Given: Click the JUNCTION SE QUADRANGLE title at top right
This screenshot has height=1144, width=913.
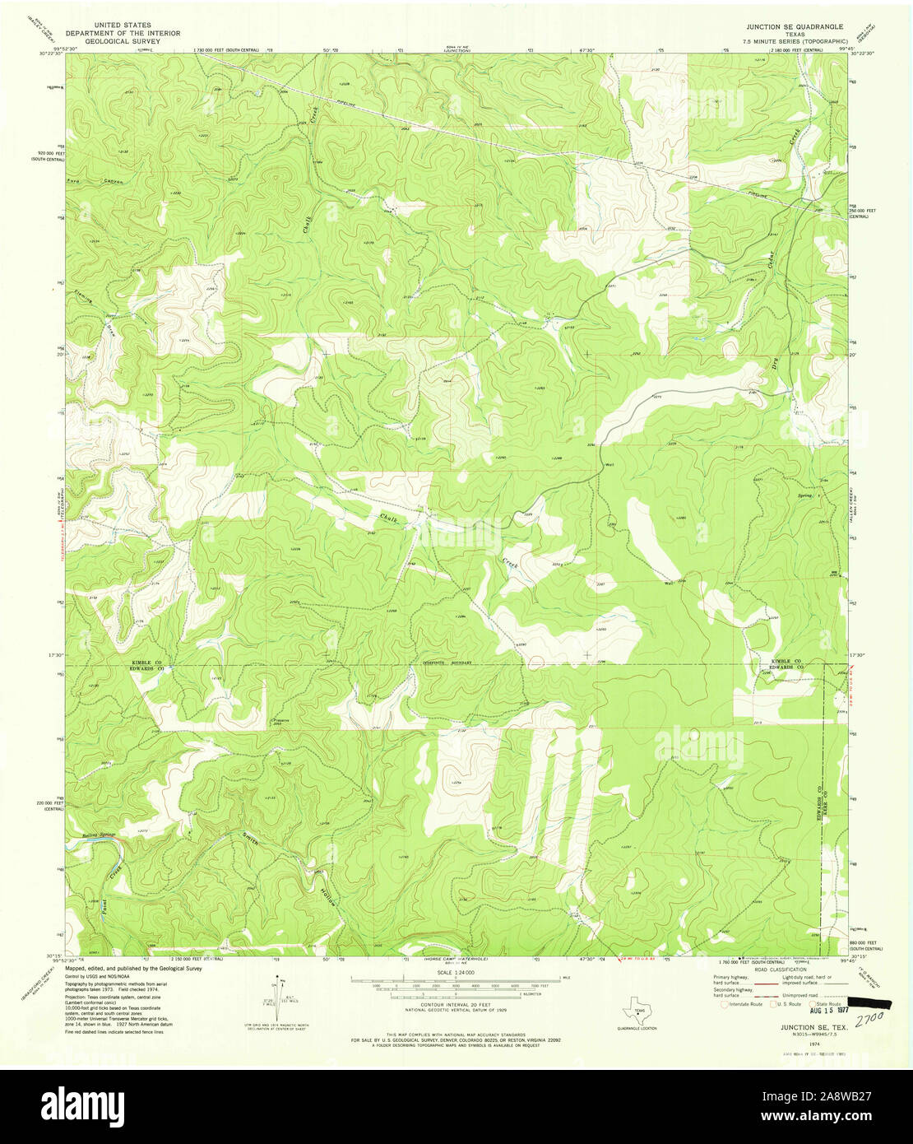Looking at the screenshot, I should pos(789,26).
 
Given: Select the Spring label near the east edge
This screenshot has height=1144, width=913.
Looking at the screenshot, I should pos(806,497).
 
